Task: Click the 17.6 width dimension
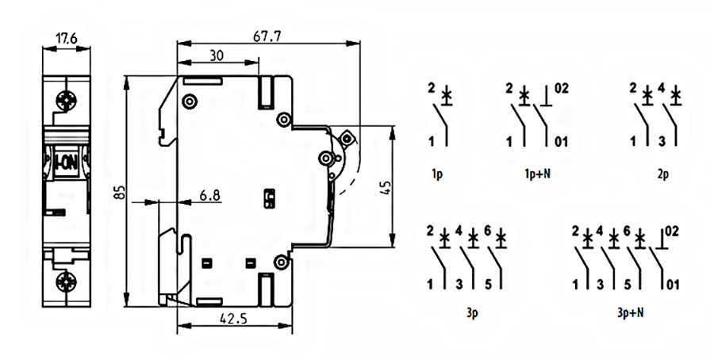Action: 67,36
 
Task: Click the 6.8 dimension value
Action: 209,194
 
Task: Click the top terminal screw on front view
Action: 67,101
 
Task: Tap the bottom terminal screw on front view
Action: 67,281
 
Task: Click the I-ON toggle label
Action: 66,161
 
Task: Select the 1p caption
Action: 437,172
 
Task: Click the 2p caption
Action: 663,173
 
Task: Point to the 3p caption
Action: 472,312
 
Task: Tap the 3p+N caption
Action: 630,312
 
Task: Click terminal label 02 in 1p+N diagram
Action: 562,88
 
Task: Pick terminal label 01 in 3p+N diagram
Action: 673,284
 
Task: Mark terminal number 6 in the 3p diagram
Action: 488,231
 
